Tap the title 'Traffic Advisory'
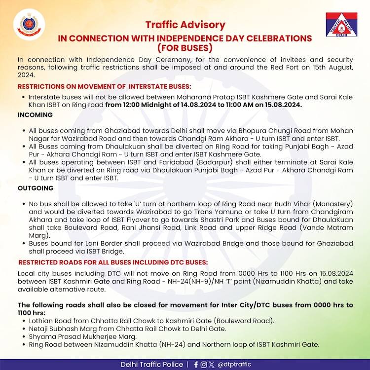click(185, 25)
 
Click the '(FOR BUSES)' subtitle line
click(185, 48)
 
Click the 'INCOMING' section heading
click(35, 114)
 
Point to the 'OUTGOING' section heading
click(36, 188)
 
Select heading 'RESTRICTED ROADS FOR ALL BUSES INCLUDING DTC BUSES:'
click(113, 261)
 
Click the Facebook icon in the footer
click(196, 365)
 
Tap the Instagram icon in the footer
click(204, 365)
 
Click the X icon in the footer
click(212, 365)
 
